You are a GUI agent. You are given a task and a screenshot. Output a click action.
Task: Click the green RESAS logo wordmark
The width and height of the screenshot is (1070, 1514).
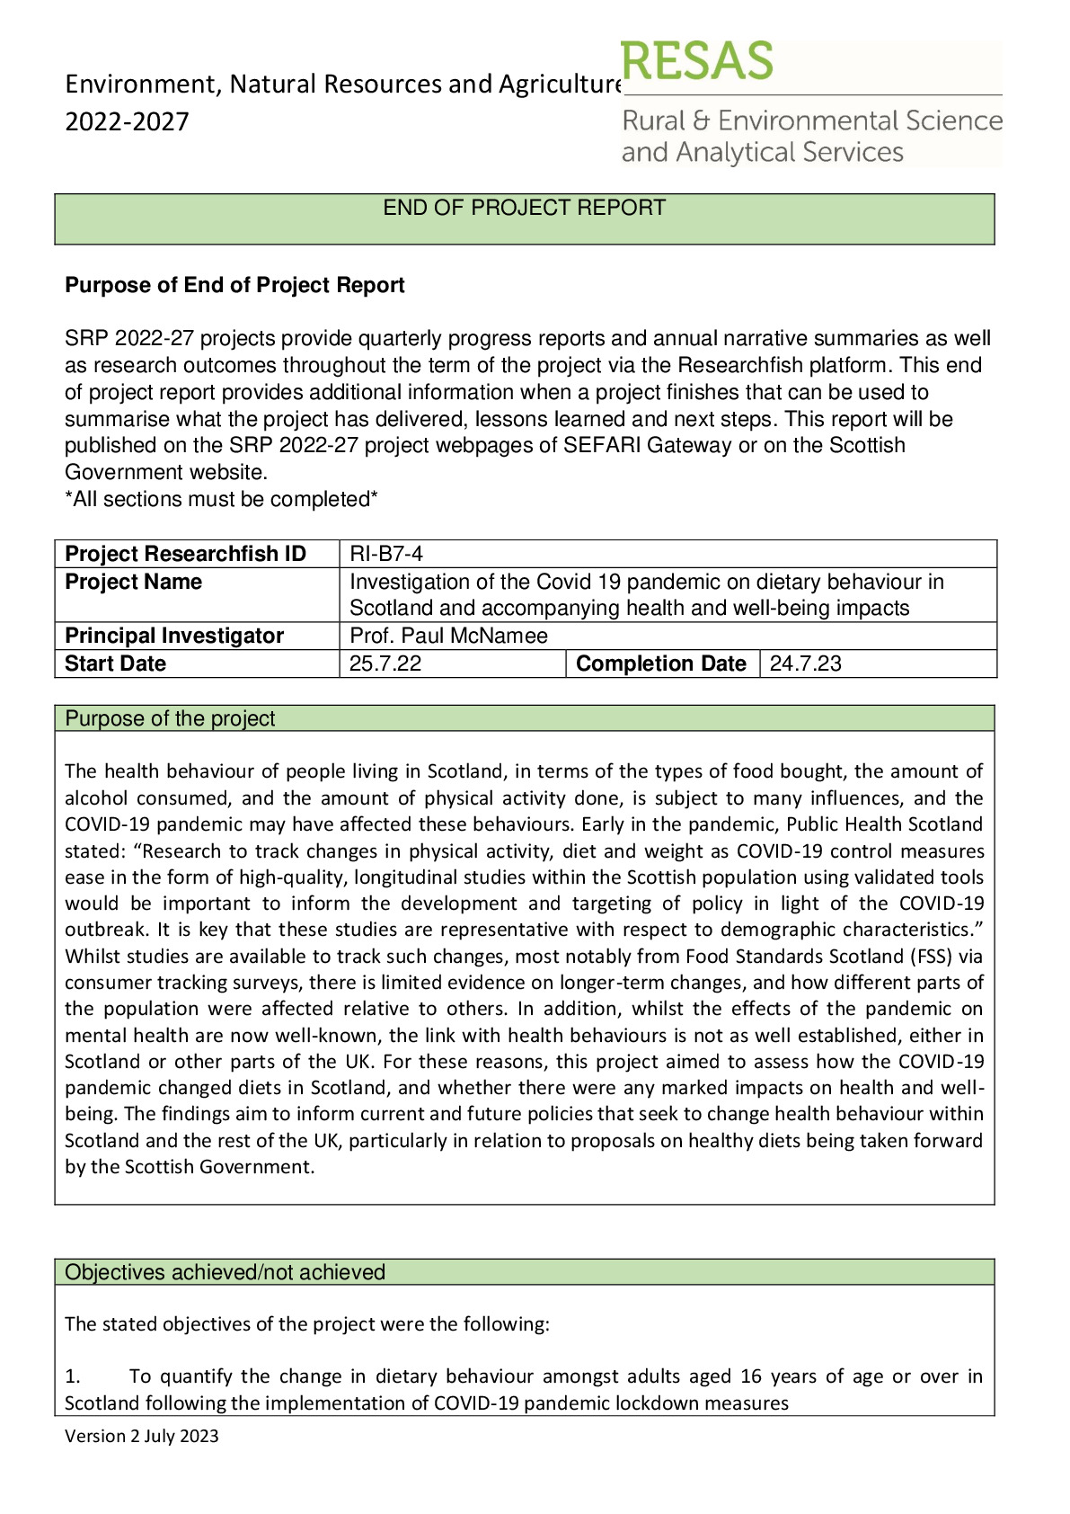(x=696, y=61)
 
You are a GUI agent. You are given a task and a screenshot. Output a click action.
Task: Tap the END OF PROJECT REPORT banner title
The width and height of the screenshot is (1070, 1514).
(x=524, y=208)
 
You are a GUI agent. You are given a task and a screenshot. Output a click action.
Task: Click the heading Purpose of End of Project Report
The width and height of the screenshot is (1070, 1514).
(x=234, y=285)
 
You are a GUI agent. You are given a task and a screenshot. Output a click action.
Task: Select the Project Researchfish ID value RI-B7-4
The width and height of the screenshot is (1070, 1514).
(x=385, y=554)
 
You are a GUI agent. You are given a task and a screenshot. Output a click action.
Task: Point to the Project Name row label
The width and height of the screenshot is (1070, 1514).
(x=133, y=582)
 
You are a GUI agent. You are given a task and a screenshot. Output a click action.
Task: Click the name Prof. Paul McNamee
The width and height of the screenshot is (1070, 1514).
(x=448, y=636)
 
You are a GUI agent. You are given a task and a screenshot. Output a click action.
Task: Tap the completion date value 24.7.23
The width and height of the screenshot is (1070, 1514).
(x=805, y=663)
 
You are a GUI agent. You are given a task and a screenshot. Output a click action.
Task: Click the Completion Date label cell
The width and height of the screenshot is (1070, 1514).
(x=660, y=663)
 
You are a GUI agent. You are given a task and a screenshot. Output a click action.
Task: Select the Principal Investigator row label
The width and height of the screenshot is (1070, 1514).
(x=174, y=636)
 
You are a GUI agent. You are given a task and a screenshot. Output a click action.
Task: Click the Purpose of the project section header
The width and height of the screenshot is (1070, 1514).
(x=170, y=718)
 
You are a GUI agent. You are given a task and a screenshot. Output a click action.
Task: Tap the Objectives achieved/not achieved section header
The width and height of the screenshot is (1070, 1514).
(x=225, y=1272)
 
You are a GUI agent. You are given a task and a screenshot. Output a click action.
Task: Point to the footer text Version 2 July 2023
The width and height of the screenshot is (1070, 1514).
(x=141, y=1436)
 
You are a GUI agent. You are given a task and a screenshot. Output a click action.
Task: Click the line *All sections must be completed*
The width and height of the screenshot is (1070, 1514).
(x=221, y=499)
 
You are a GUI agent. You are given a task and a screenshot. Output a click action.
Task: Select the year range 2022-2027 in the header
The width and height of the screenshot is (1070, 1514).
(x=127, y=121)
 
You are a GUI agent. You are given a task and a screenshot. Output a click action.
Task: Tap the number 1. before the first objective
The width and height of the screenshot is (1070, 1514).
(x=73, y=1376)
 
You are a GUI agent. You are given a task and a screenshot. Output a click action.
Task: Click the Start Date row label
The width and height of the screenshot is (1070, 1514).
(x=115, y=663)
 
